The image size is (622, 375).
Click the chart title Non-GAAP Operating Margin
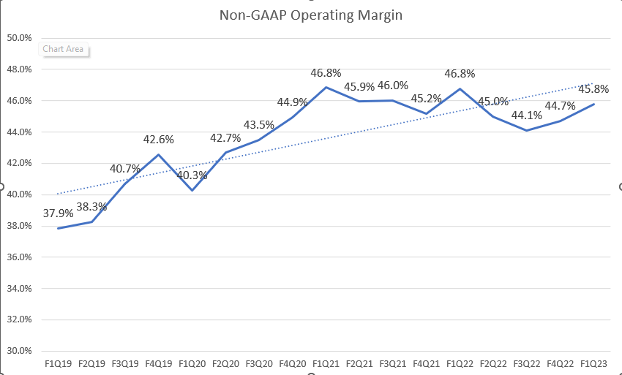click(311, 14)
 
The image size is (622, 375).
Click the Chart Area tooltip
click(63, 50)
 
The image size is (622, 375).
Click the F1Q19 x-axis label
click(58, 363)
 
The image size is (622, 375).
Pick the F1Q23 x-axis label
click(594, 363)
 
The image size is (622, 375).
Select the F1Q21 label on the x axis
click(326, 363)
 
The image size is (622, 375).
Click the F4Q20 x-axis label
click(292, 363)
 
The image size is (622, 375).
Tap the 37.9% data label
click(58, 213)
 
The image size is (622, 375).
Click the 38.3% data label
click(91, 207)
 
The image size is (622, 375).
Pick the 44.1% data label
click(527, 115)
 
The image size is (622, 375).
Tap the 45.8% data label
click(593, 89)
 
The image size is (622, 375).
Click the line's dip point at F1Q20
click(192, 190)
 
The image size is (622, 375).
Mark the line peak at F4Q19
click(158, 154)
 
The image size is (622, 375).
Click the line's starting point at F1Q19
click(58, 228)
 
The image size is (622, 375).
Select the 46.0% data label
click(393, 86)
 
